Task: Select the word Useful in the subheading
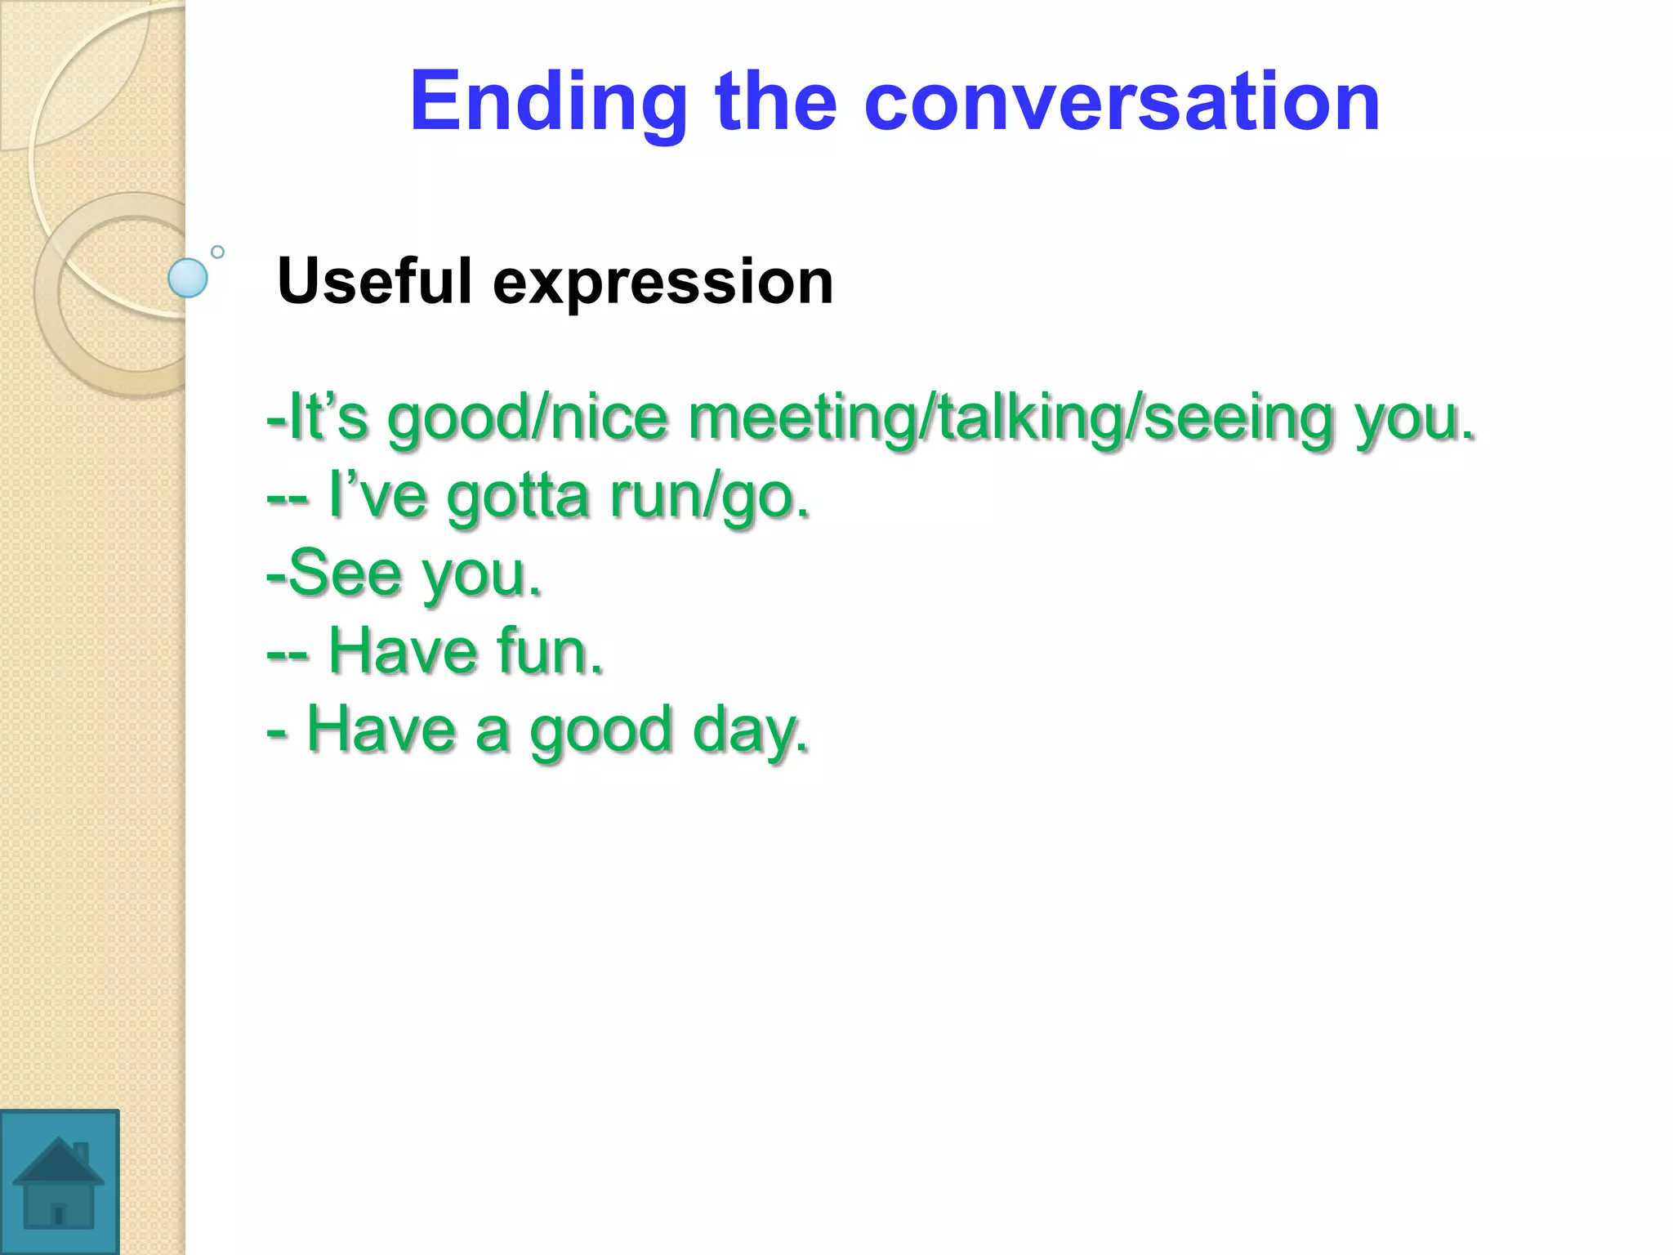click(x=375, y=281)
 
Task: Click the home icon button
click(x=59, y=1181)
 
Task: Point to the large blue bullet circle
click(x=188, y=278)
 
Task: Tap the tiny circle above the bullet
click(x=217, y=252)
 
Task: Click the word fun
click(x=549, y=651)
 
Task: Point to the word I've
click(x=377, y=495)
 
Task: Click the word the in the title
click(x=776, y=102)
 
